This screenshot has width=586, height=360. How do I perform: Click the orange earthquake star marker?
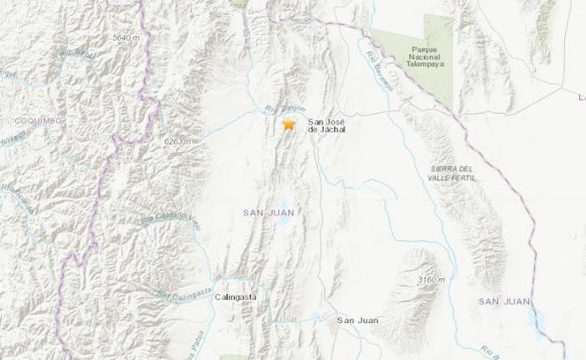(x=289, y=124)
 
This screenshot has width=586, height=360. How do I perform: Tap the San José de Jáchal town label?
(x=326, y=125)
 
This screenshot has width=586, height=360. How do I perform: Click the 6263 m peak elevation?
(x=178, y=142)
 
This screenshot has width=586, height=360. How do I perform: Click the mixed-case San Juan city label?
(x=352, y=320)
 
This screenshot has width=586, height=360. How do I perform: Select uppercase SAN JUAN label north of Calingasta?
(x=268, y=213)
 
